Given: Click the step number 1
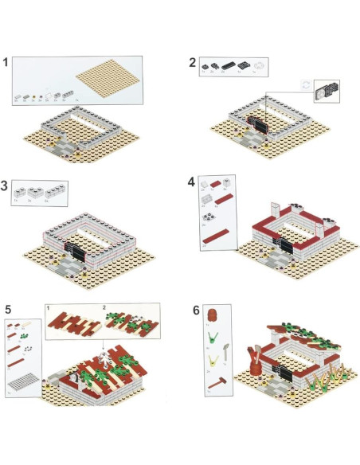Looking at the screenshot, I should click(x=7, y=61).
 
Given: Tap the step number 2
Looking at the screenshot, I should click(x=192, y=62).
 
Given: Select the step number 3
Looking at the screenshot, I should click(x=7, y=186).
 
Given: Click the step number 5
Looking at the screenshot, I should click(x=8, y=308).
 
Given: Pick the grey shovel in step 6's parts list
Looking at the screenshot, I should click(x=229, y=347).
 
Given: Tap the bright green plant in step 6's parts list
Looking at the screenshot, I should click(x=213, y=338).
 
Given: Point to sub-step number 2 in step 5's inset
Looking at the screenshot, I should click(x=105, y=307).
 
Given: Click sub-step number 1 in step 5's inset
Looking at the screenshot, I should click(x=49, y=307).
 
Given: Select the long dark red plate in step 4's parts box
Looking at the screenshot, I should click(x=216, y=233).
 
